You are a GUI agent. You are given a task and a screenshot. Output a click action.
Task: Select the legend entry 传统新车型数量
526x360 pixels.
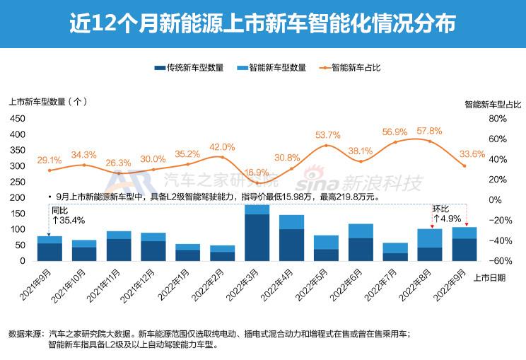tap(190, 68)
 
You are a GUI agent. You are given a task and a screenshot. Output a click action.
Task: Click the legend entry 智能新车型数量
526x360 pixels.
tap(272, 68)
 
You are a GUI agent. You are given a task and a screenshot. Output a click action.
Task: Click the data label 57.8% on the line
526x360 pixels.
tap(429, 132)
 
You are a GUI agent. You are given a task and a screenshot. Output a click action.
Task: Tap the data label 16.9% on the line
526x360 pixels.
tap(257, 173)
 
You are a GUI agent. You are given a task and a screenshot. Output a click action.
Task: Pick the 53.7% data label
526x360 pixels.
tap(327, 135)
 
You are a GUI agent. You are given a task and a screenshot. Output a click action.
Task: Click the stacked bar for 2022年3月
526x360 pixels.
tap(257, 233)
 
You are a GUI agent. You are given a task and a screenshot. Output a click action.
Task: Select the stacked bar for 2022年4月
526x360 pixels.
tap(291, 238)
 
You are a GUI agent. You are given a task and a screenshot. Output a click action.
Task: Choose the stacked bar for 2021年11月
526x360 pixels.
tap(119, 245)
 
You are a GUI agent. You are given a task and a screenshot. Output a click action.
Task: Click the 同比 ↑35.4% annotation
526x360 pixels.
tap(68, 216)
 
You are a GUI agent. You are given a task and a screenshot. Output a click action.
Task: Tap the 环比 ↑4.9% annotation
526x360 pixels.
tap(447, 214)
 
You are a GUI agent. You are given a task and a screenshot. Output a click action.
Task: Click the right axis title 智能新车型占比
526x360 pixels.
tap(493, 104)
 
